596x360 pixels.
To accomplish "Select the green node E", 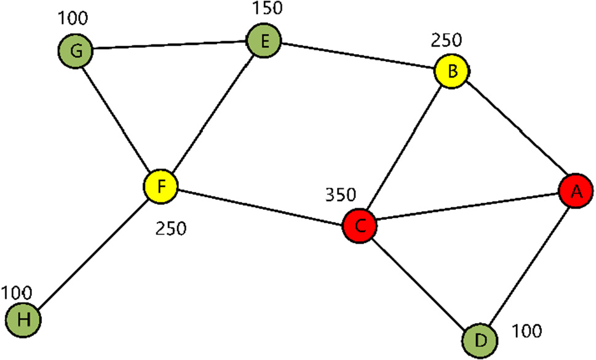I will [264, 42].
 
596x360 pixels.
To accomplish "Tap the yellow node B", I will [452, 71].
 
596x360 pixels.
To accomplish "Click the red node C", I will [360, 226].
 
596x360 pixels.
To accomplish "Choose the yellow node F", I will [161, 186].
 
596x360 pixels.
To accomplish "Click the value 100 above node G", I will [73, 18].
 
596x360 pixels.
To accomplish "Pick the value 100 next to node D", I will [527, 332].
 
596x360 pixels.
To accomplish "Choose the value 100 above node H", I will [17, 290].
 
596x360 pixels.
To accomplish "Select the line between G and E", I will [169, 46].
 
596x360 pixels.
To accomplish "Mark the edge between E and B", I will [358, 57].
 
